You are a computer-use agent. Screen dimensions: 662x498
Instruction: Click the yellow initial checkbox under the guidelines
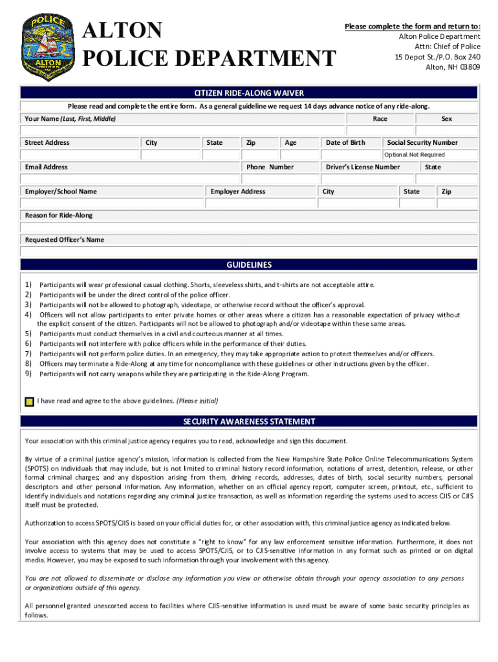29,401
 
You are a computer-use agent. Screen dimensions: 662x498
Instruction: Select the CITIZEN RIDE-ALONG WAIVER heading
249,93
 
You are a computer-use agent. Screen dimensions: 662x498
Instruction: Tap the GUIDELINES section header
249,264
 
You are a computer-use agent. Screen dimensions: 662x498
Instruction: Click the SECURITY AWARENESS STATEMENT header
249,422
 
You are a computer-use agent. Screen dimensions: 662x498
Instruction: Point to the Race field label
380,119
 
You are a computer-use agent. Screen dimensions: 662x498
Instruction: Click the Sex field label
446,119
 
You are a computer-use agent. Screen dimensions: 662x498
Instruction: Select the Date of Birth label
345,142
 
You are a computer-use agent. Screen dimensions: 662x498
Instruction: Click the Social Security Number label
422,142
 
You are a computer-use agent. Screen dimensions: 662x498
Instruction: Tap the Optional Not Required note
414,155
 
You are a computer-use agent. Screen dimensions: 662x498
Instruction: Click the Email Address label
46,167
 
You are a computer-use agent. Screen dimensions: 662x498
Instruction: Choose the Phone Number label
270,167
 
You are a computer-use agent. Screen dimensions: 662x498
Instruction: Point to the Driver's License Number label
363,167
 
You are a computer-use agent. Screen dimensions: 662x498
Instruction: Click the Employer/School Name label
61,191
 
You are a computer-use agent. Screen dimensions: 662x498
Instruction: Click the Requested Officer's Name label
64,240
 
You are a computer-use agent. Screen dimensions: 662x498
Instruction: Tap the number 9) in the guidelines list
28,374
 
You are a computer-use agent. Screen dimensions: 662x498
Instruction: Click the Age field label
290,142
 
